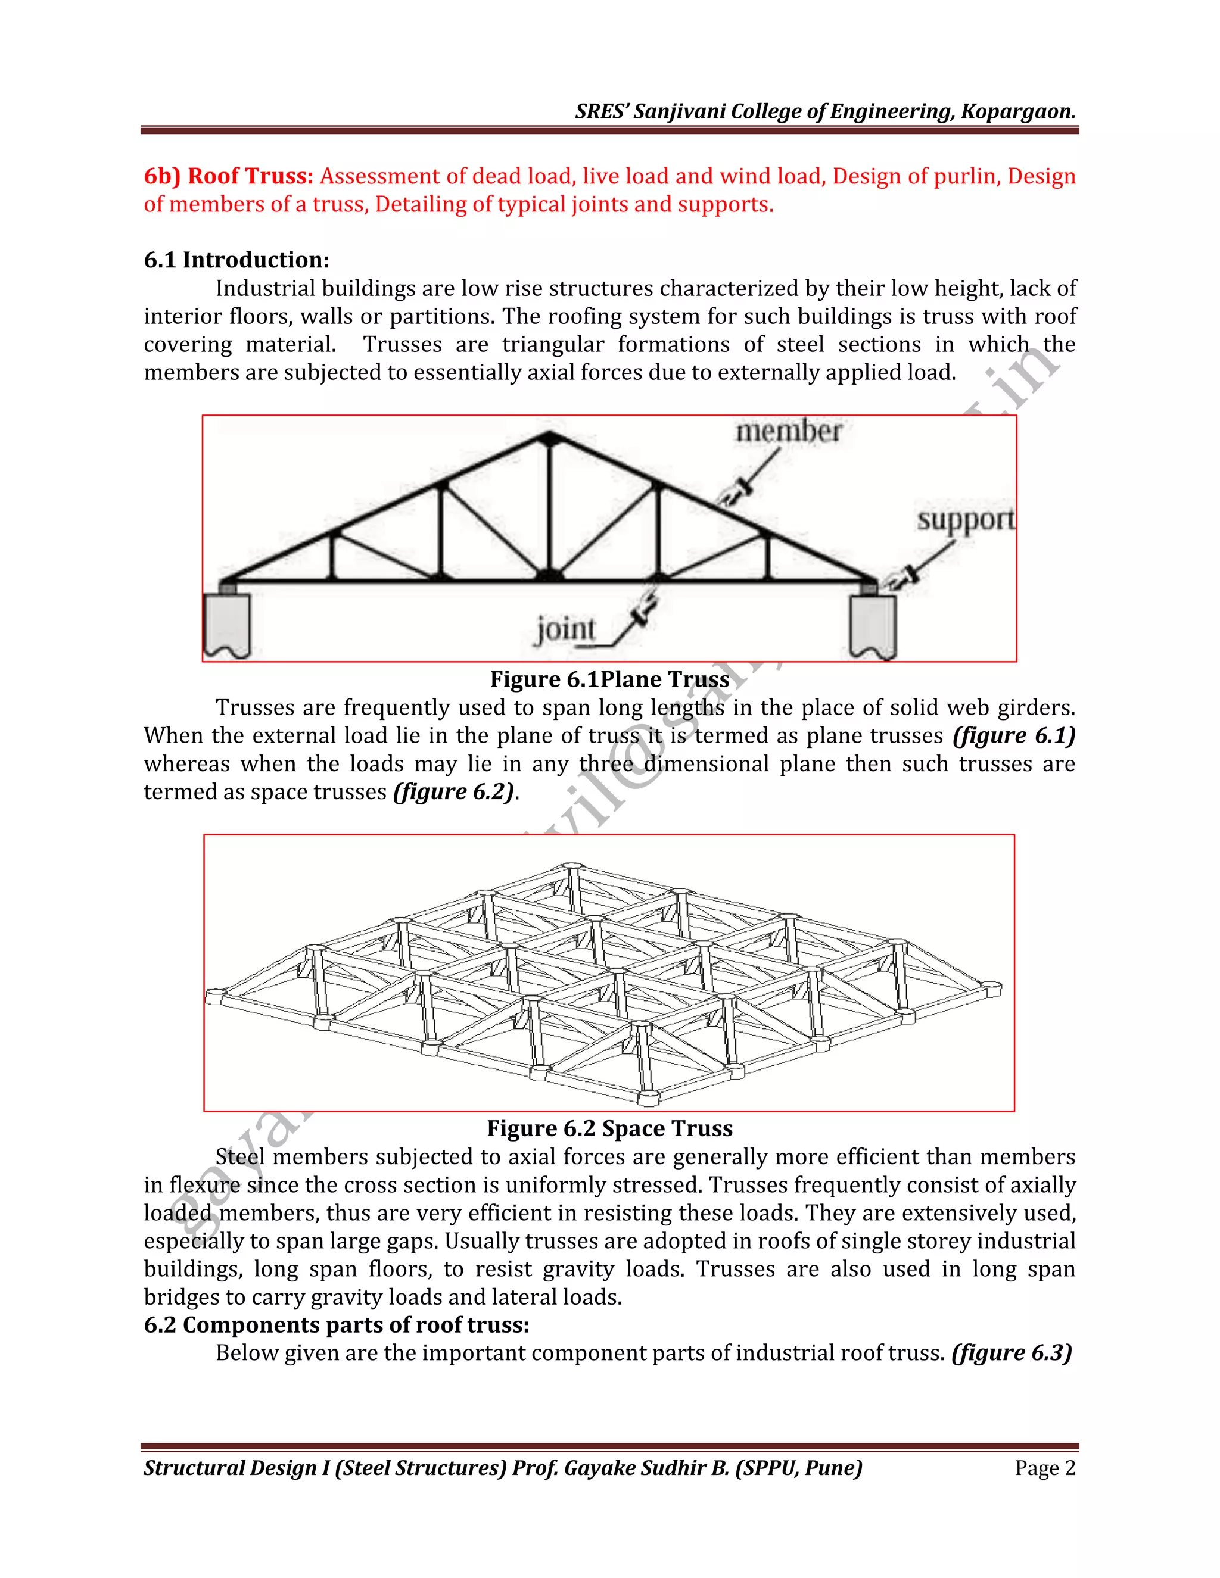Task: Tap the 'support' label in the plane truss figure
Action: [x=966, y=519]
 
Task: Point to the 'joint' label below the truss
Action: [x=565, y=629]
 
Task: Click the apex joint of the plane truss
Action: [x=549, y=437]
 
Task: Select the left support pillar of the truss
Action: [x=228, y=623]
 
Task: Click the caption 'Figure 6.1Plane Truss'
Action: [x=609, y=679]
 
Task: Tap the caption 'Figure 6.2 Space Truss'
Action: [x=609, y=1128]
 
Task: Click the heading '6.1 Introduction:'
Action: [x=236, y=260]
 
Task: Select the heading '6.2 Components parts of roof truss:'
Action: [x=336, y=1325]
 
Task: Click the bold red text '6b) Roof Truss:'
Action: [x=228, y=176]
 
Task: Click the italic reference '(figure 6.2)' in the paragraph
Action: [x=454, y=792]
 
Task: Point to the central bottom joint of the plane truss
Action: [x=549, y=576]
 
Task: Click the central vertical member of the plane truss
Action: [x=549, y=506]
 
